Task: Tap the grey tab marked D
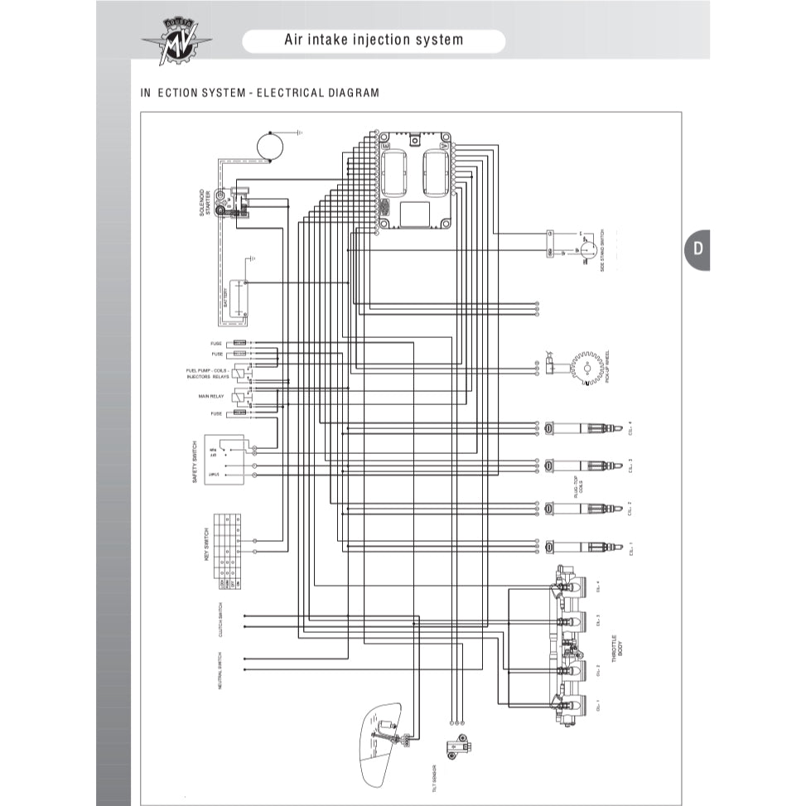coord(697,249)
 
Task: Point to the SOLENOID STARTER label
coord(205,202)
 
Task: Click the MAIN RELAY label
coord(211,397)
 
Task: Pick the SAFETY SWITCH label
coord(195,462)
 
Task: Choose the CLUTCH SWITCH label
coord(220,620)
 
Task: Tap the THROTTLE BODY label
coord(617,648)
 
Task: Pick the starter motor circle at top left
coord(270,144)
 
